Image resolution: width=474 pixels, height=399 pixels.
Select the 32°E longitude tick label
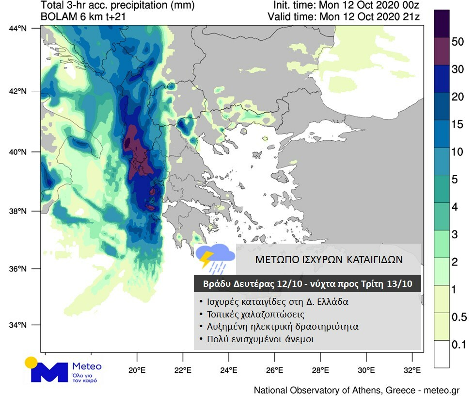click(412, 371)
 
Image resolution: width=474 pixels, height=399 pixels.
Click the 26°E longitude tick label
click(274, 371)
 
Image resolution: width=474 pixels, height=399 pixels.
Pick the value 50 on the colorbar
click(458, 42)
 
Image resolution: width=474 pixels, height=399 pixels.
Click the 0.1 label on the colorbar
click(458, 345)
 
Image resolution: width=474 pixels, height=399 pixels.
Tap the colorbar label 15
click(458, 124)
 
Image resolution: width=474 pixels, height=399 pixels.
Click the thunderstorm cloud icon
click(215, 258)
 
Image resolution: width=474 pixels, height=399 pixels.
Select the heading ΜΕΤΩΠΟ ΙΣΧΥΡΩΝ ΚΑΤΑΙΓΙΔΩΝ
click(329, 259)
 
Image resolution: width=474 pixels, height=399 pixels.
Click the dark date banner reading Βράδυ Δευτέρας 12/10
click(307, 283)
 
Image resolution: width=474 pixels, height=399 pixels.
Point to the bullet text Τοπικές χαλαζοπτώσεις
click(257, 314)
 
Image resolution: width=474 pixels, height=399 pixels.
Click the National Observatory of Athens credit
click(356, 390)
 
